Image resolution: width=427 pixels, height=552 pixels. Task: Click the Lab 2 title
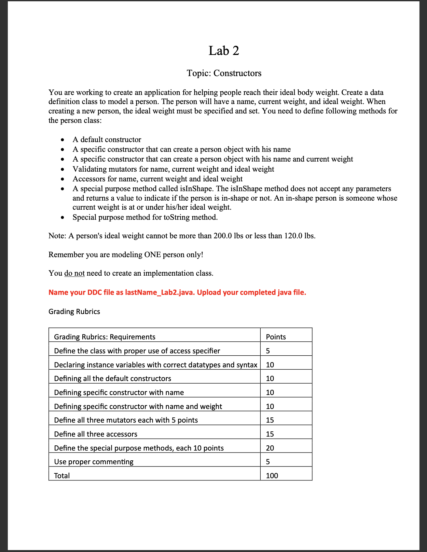(x=224, y=51)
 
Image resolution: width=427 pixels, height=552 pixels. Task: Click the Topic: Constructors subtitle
(x=224, y=73)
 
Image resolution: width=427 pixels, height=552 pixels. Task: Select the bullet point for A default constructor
(x=107, y=139)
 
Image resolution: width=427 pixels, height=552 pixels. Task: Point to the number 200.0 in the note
(x=223, y=236)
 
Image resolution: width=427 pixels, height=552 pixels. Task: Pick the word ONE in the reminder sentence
(x=153, y=255)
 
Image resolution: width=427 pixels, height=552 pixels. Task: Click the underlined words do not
(x=75, y=273)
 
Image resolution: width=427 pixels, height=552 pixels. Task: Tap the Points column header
(x=276, y=337)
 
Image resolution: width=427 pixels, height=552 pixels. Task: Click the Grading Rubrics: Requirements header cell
(x=105, y=337)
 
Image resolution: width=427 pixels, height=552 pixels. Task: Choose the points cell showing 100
(x=272, y=476)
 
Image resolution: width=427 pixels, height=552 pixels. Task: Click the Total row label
(x=62, y=476)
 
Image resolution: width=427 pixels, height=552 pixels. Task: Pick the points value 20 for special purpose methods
(x=270, y=448)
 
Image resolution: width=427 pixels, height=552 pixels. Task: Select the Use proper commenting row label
(x=94, y=462)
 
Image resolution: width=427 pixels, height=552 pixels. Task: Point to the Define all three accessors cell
(x=96, y=434)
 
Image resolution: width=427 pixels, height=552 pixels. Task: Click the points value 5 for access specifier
(x=268, y=351)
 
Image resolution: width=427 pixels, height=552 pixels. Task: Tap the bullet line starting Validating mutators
(x=173, y=169)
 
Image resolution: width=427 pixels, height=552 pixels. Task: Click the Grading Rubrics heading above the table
(x=74, y=311)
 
